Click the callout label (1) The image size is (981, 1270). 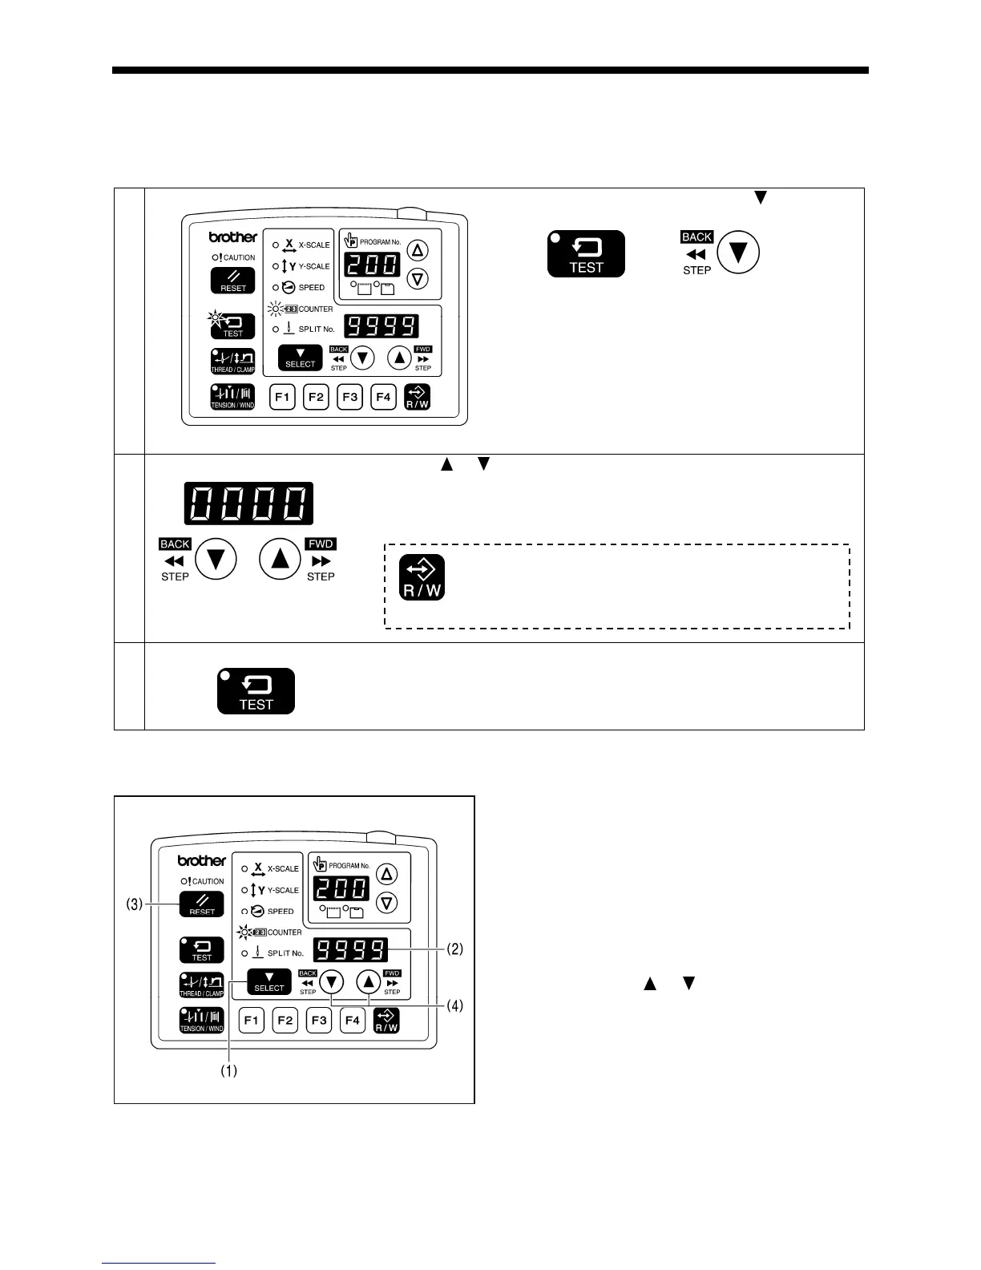point(229,1070)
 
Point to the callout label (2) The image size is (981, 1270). point(455,949)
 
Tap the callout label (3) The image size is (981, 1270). point(134,904)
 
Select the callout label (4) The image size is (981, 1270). point(455,1005)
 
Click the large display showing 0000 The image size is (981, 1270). point(248,504)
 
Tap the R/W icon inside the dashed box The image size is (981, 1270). point(422,577)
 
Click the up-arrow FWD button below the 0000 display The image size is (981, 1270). point(280,559)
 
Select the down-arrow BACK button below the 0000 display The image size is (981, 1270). point(216,559)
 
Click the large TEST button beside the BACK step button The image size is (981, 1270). point(586,253)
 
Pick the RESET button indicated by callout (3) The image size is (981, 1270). point(202,904)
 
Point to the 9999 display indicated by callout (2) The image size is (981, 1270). point(350,951)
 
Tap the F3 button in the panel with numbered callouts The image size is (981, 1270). point(319,1021)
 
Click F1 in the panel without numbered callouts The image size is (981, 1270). point(282,397)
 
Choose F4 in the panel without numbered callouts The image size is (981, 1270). point(384,397)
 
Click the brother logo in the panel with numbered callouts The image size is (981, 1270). point(202,860)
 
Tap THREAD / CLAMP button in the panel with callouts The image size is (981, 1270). point(202,985)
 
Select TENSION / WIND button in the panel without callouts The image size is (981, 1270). point(232,397)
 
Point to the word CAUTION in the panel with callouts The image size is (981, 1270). point(208,882)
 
